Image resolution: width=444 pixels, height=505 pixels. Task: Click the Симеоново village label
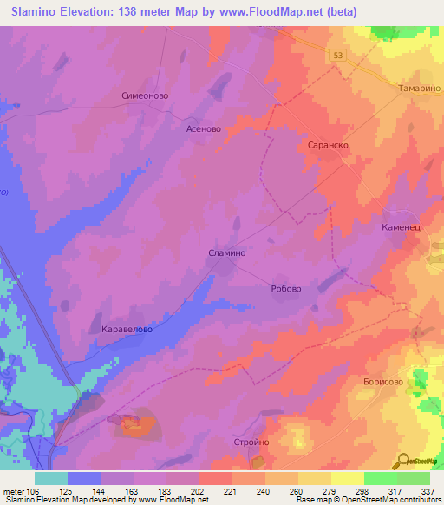[144, 96]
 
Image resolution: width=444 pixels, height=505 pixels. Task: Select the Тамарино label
[420, 89]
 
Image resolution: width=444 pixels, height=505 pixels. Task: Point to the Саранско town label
[328, 146]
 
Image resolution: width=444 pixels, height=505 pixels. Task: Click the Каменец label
[401, 226]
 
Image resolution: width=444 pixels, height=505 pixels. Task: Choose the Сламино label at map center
[228, 252]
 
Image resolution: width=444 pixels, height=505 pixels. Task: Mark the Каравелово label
[127, 330]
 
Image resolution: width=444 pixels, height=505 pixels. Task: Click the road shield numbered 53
[337, 54]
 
